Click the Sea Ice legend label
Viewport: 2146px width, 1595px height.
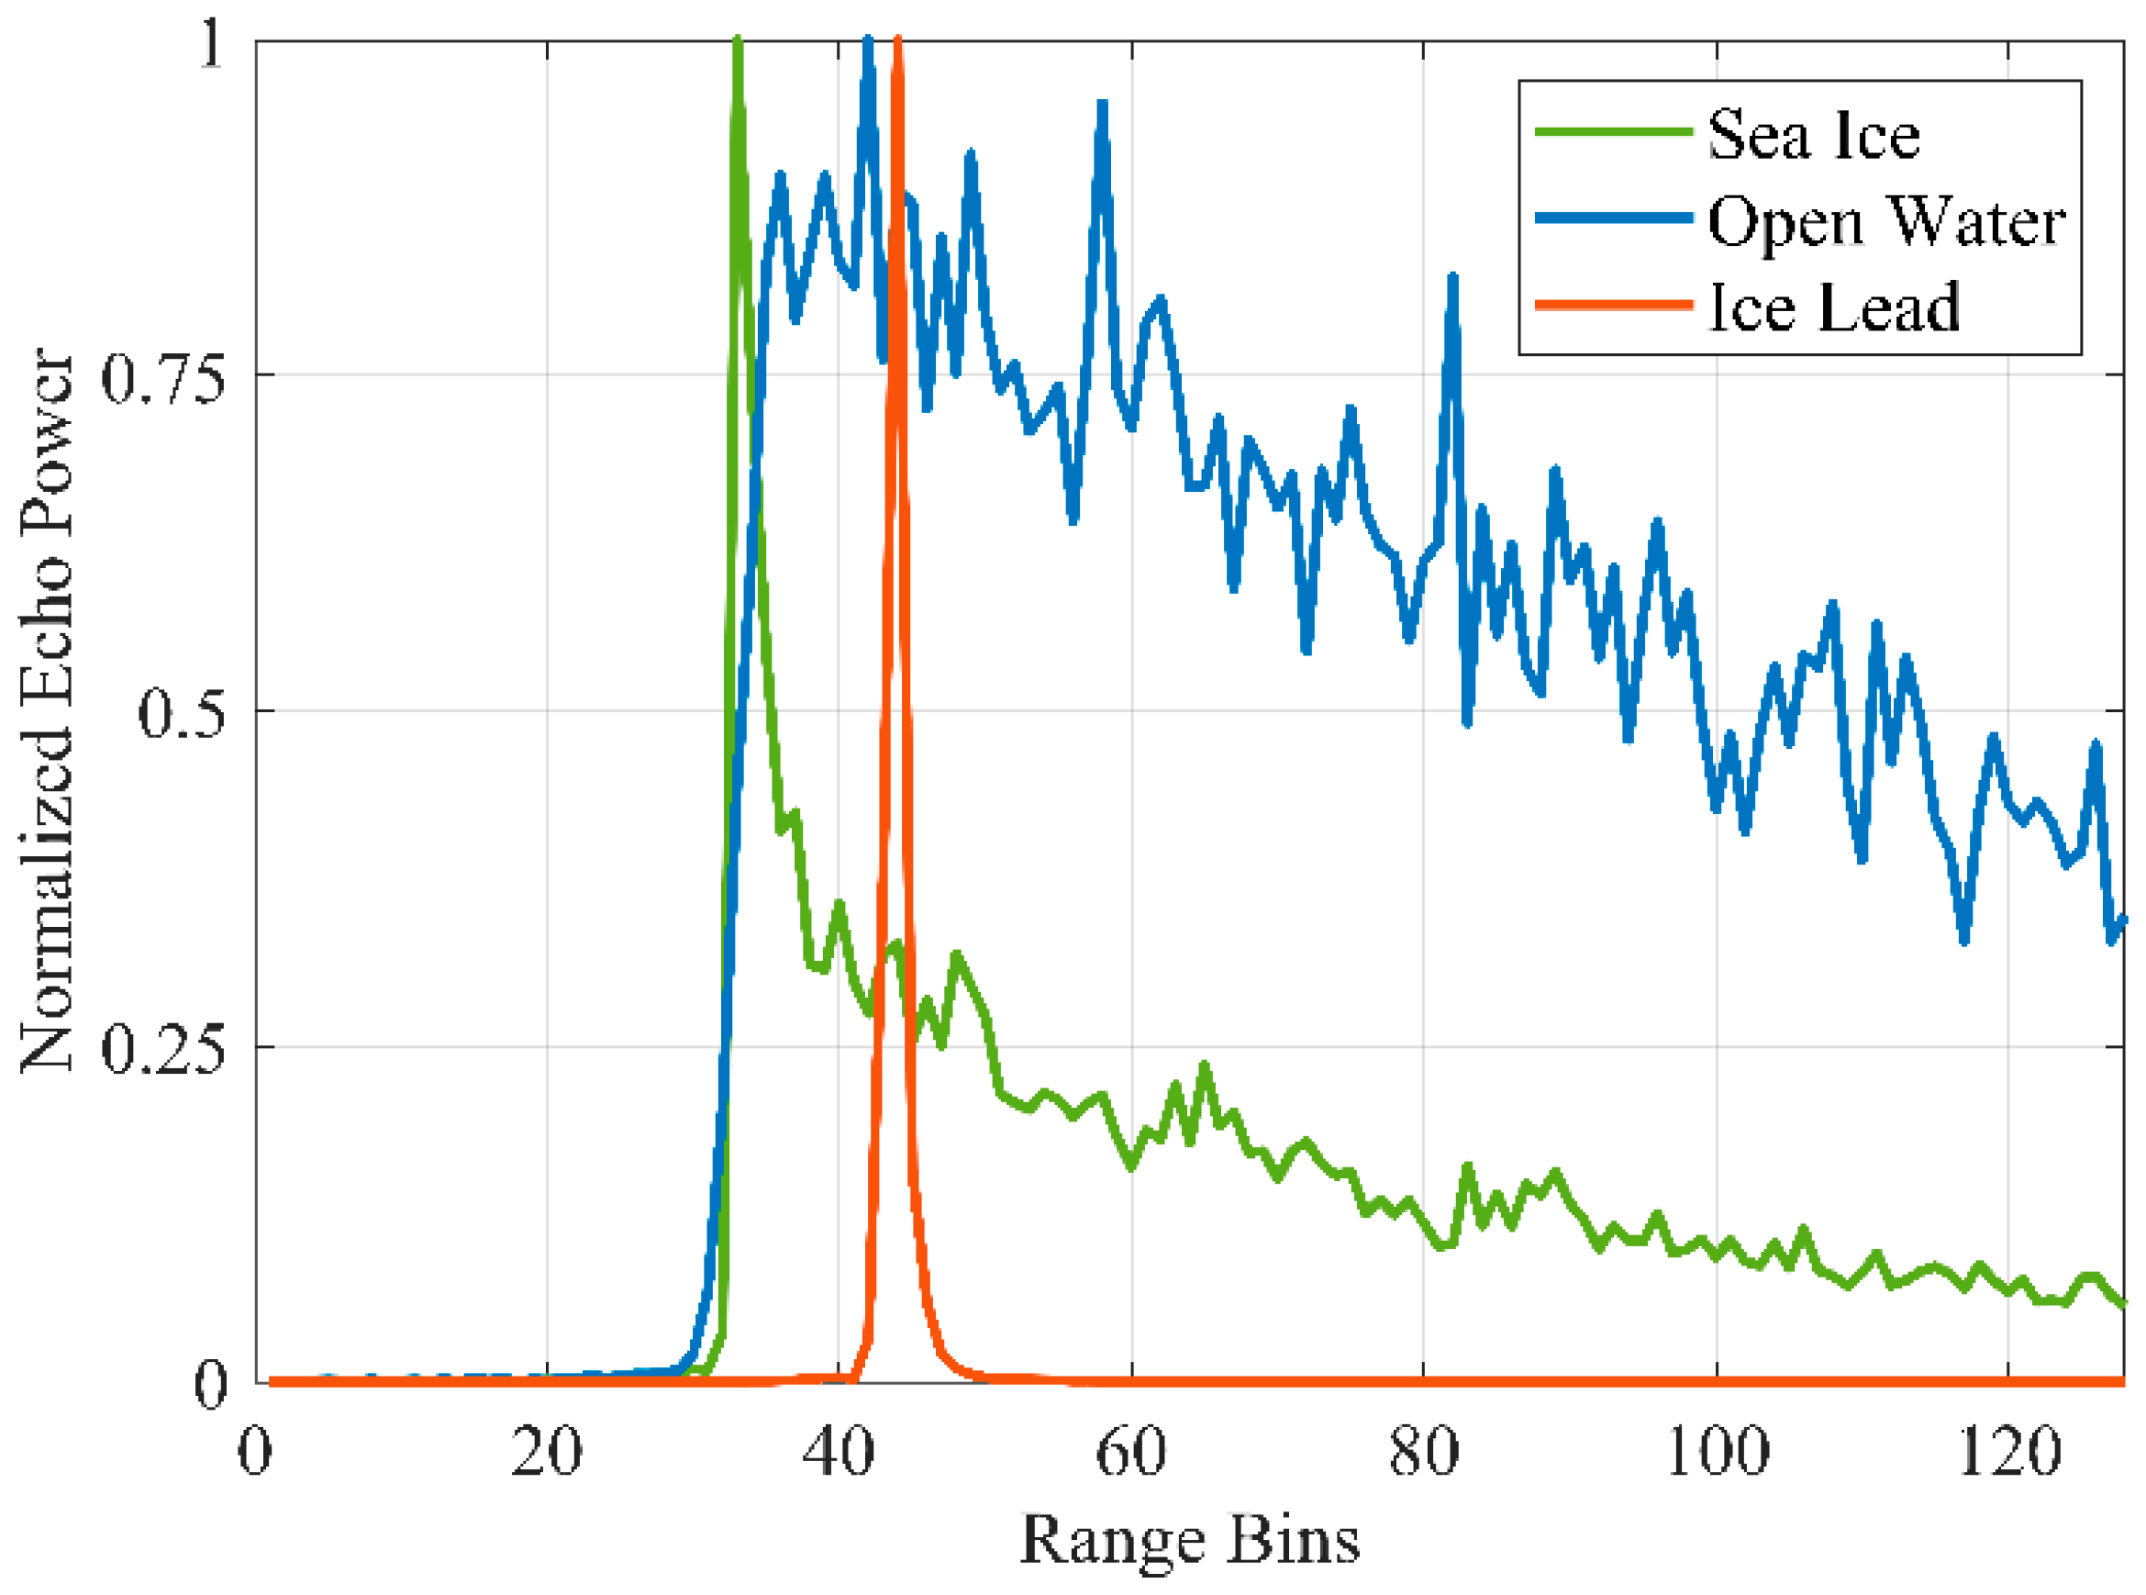point(1813,134)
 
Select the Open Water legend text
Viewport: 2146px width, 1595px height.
point(1886,221)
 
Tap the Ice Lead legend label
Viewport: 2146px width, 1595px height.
point(1833,308)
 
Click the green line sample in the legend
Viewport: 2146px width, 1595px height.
point(1614,132)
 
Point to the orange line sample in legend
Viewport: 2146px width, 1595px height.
point(1614,305)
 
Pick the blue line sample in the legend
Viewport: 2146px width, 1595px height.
point(1614,219)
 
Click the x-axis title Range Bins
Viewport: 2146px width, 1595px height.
point(1189,1539)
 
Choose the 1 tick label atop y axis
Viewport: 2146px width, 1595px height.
point(210,44)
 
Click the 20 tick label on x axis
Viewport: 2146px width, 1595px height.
point(547,1450)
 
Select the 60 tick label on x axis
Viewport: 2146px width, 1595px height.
point(1130,1450)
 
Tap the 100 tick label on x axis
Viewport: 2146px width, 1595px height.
point(1717,1450)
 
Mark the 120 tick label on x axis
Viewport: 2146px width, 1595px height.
point(2008,1450)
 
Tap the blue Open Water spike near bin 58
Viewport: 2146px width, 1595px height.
point(1102,105)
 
